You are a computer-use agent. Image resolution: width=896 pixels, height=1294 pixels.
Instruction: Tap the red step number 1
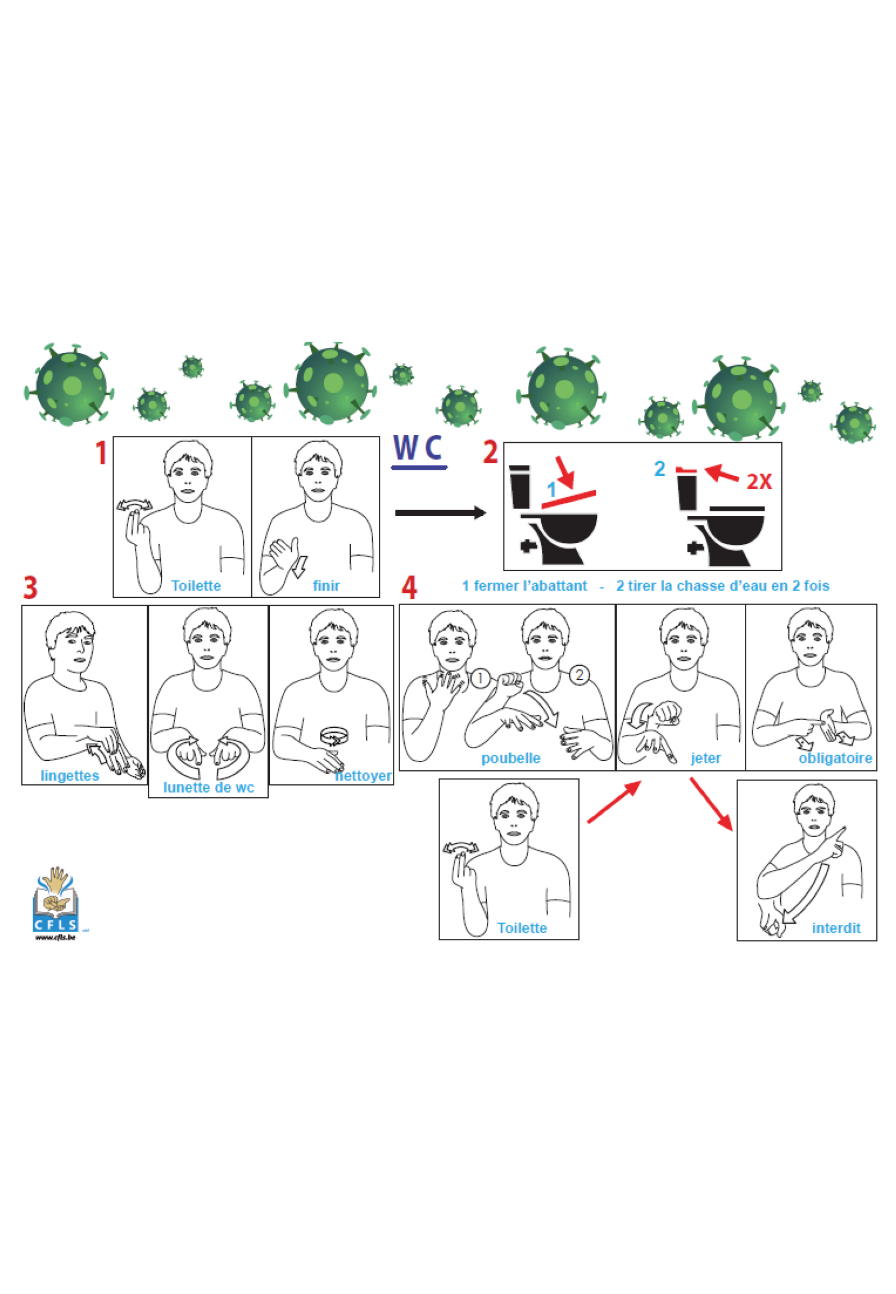(x=101, y=453)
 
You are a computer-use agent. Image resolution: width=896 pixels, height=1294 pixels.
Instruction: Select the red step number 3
(x=30, y=588)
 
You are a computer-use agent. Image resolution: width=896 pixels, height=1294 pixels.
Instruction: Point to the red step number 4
(x=409, y=588)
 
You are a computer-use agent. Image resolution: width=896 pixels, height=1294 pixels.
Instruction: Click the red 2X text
(x=759, y=482)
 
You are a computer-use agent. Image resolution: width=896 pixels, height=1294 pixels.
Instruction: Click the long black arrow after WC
(x=441, y=512)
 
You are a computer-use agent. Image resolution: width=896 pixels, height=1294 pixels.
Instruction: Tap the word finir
(x=326, y=585)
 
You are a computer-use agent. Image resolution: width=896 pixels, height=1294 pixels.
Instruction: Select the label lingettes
(x=70, y=776)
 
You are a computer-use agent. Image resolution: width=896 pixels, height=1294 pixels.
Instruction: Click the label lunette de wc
(x=209, y=788)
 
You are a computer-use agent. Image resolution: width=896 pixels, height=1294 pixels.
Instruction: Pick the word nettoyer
(x=363, y=776)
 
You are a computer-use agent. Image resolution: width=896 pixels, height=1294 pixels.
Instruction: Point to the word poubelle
(x=510, y=759)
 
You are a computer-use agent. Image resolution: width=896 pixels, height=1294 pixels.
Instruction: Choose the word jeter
(x=705, y=759)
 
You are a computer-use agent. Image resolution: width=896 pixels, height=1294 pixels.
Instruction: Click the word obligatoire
(x=835, y=759)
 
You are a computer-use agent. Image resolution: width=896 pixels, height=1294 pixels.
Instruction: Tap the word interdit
(x=836, y=928)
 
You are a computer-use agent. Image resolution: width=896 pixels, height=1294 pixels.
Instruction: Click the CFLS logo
(x=56, y=903)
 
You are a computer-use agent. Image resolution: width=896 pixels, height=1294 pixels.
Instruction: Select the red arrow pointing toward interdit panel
(x=711, y=804)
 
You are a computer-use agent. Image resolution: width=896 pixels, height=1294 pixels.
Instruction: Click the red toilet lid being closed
(x=568, y=499)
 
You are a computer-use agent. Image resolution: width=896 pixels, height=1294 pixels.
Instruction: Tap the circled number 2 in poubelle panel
(x=579, y=674)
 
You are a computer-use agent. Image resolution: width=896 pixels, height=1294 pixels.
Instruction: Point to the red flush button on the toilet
(x=686, y=470)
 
